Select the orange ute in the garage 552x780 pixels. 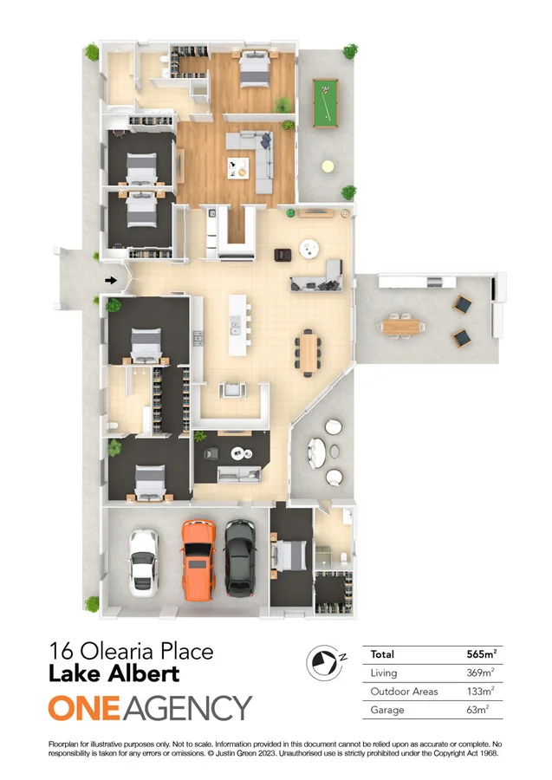198,560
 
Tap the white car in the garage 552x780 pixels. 143,560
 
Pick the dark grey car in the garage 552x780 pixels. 240,558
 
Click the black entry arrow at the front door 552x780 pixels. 111,280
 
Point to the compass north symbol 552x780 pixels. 322,662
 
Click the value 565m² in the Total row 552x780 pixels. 481,653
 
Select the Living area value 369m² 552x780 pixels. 481,673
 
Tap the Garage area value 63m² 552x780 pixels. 484,710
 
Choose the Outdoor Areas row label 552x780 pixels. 404,692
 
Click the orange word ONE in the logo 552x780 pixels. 85,708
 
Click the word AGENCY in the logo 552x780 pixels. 188,708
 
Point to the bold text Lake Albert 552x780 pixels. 114,673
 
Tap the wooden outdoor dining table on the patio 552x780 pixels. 402,326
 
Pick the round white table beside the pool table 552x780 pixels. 328,165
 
